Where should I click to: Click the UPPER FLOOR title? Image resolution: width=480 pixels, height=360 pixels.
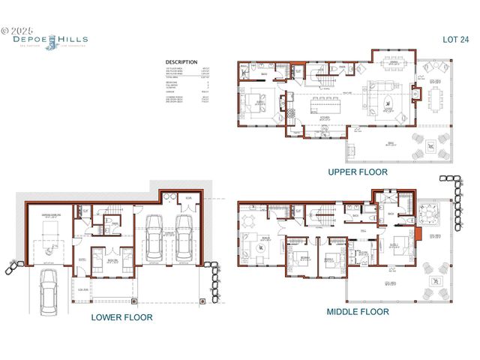point(358,172)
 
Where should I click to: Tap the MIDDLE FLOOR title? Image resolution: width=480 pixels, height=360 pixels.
point(358,311)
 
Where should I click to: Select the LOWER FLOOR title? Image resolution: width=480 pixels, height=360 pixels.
point(121,317)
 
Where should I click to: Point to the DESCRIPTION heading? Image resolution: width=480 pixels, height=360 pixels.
point(181,62)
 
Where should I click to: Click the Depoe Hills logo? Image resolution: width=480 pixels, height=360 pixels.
point(49,40)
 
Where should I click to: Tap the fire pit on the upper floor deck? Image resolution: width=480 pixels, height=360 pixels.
point(430,145)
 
